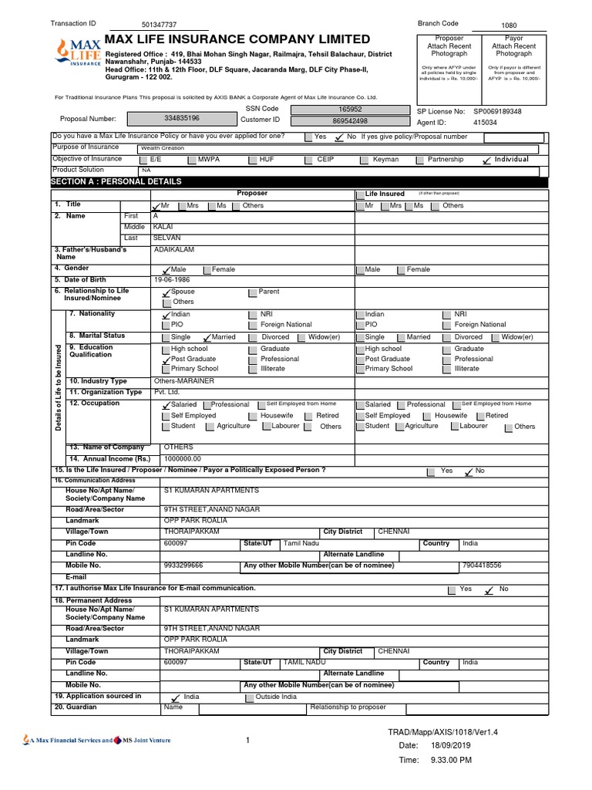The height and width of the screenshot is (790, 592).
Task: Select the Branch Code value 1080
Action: point(510,25)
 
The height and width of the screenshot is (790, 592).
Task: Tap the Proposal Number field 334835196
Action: point(182,119)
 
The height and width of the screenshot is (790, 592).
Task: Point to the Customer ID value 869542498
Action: point(350,121)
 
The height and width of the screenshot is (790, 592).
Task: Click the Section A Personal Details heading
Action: point(116,181)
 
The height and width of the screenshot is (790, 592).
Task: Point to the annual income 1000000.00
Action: point(182,458)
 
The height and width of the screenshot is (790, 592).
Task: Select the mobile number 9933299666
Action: point(183,565)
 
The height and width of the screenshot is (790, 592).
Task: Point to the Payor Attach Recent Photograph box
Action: point(513,46)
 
